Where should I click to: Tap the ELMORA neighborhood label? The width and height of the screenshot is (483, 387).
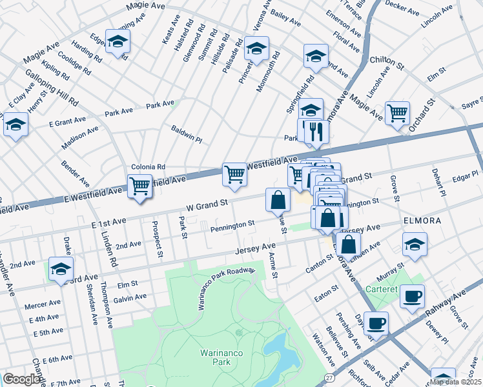(x=422, y=221)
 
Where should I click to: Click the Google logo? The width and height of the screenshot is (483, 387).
(x=21, y=379)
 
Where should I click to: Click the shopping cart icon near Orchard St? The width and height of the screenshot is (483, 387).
(x=397, y=113)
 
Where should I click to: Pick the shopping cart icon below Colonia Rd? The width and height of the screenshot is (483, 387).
(x=139, y=186)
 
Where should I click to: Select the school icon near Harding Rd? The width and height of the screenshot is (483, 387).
(x=118, y=42)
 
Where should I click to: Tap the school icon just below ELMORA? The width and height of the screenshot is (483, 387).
(x=415, y=244)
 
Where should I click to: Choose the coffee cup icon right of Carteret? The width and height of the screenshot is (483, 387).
(x=412, y=297)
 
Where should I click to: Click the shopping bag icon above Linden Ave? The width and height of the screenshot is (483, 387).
(x=348, y=244)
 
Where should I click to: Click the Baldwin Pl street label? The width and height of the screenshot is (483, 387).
(x=187, y=134)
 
